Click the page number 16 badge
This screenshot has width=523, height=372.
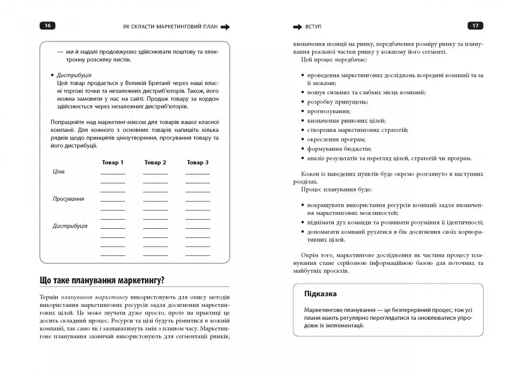click(47, 26)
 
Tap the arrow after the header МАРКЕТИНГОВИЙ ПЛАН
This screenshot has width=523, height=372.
click(225, 26)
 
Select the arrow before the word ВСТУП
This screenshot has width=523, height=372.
click(297, 26)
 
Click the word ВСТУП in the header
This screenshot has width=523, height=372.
click(315, 26)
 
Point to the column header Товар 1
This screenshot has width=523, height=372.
click(113, 163)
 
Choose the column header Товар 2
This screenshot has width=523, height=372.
click(155, 163)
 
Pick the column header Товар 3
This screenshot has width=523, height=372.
click(197, 163)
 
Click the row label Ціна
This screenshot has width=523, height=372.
click(58, 172)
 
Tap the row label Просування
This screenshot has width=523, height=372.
click(68, 199)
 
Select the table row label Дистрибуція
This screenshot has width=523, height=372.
click(70, 226)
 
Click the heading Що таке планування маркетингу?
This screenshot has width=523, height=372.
click(102, 280)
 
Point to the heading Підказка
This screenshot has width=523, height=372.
click(320, 294)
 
